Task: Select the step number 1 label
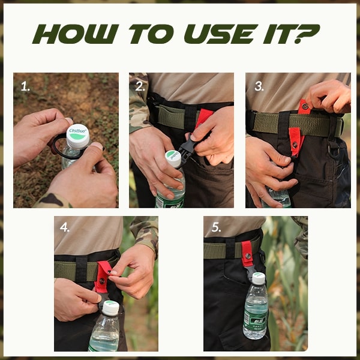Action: [x=25, y=86]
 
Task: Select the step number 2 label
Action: [x=140, y=86]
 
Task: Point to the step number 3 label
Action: [x=259, y=86]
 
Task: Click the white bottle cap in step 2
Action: [x=173, y=158]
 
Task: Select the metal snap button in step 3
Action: [x=305, y=107]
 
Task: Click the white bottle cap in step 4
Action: [x=110, y=308]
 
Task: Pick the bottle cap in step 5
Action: [x=258, y=278]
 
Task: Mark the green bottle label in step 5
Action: [x=256, y=318]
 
